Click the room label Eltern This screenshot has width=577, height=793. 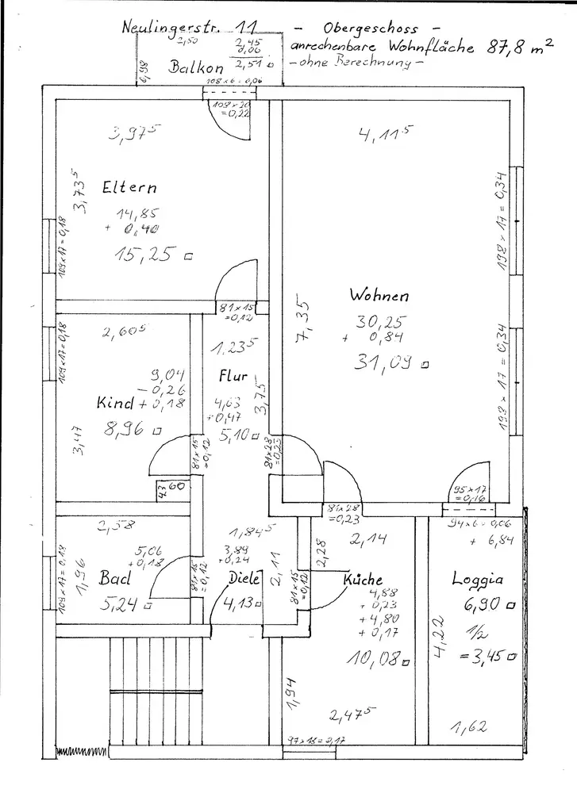tap(129, 188)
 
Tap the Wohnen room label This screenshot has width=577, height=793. tap(379, 295)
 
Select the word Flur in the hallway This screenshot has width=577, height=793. tap(233, 377)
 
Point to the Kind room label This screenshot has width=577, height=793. tap(116, 403)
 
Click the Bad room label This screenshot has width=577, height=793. tap(114, 578)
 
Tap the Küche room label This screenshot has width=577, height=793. tap(363, 580)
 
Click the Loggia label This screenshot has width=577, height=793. tap(478, 578)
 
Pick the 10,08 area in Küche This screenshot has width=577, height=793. tap(371, 657)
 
